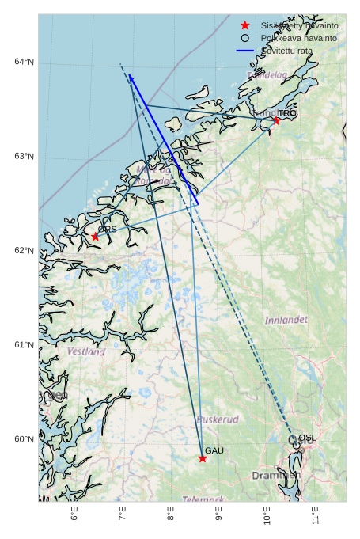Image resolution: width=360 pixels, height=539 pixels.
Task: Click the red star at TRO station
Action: [x=276, y=120]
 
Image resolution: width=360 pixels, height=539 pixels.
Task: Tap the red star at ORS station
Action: [x=96, y=237]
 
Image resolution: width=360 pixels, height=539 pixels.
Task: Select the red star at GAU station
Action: [x=203, y=458]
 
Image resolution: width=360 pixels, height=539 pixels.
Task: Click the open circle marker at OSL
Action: [x=297, y=445]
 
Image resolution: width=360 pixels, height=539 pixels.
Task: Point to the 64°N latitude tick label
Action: [x=24, y=62]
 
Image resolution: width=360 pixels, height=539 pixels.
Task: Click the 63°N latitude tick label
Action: [x=24, y=156]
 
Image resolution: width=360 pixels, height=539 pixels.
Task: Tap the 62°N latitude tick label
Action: [x=24, y=251]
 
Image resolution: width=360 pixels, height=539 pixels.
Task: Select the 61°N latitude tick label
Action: [x=24, y=345]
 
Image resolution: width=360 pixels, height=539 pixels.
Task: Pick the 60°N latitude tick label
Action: [x=24, y=439]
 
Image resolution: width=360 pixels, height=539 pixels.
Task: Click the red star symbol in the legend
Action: [x=245, y=25]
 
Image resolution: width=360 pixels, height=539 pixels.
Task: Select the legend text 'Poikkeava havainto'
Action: [x=299, y=38]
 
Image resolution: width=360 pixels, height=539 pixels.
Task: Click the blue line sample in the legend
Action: [x=245, y=51]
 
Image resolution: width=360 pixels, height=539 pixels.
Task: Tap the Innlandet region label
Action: [x=286, y=321]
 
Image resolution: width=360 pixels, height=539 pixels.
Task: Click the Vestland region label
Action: [x=85, y=351]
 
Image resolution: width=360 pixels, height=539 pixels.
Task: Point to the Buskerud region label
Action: [x=218, y=419]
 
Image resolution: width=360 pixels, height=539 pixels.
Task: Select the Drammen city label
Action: [x=275, y=476]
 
